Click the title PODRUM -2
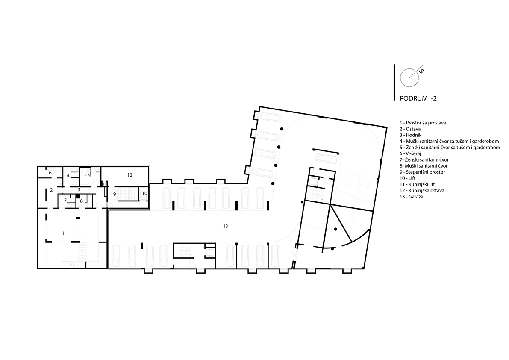point(418,99)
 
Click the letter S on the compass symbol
point(421,71)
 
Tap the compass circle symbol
point(409,77)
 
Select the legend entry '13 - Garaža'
point(411,197)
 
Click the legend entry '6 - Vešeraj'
point(410,153)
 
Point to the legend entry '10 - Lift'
point(407,178)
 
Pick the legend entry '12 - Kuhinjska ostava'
point(422,191)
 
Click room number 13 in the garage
point(225,226)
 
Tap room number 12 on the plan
point(130,175)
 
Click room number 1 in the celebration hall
point(63,233)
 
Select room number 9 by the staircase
point(114,194)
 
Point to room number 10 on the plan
point(144,193)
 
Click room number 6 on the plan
point(50,173)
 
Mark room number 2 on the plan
point(51,190)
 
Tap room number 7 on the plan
point(65,200)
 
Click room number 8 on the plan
point(82,201)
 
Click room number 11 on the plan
point(104,184)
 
